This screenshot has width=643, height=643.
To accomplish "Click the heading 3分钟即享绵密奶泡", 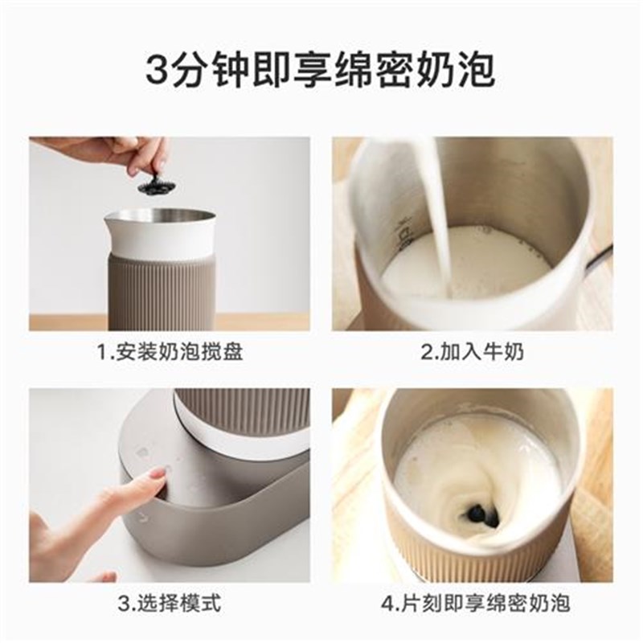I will (321, 70).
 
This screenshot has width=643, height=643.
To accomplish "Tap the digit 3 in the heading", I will (159, 71).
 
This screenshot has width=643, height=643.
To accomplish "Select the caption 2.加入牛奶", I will (465, 352).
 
